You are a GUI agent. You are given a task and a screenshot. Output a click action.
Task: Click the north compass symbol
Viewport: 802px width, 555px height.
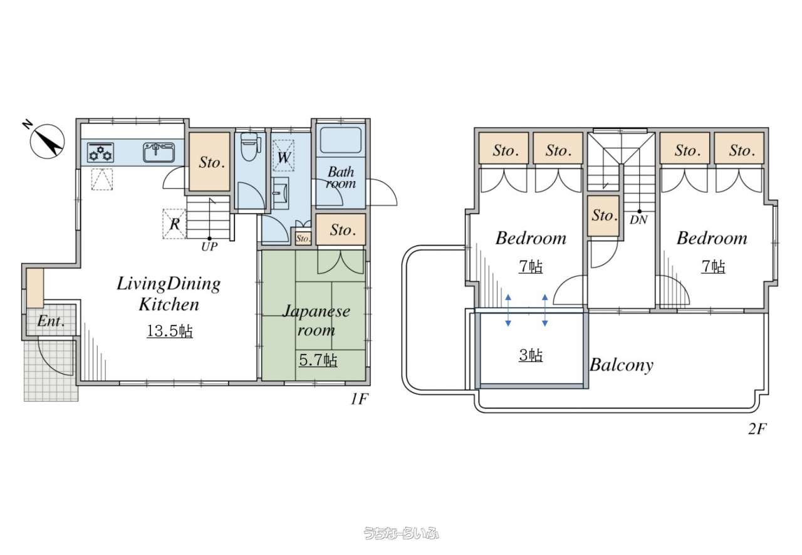(47, 141)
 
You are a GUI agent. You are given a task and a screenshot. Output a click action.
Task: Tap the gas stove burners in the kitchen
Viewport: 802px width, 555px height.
(101, 153)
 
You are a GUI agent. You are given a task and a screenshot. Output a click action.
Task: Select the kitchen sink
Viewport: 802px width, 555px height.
(159, 152)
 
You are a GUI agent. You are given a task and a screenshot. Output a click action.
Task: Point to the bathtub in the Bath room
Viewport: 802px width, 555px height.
(340, 140)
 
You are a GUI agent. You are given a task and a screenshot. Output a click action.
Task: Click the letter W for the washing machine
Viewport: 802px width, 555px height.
(284, 157)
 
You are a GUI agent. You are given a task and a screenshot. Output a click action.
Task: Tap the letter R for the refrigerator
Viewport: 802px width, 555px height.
(175, 224)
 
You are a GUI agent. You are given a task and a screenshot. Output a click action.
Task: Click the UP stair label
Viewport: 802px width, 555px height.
(209, 247)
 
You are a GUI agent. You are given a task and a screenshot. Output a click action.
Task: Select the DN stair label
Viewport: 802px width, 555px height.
(638, 220)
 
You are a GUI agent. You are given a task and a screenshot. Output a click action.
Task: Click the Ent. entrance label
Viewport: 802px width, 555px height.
(51, 321)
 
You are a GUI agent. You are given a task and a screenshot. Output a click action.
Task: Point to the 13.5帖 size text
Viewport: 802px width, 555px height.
(170, 331)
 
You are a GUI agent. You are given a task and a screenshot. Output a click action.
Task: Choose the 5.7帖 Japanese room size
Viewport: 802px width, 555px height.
(318, 360)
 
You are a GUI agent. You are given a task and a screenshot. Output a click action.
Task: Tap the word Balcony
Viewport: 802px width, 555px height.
(621, 366)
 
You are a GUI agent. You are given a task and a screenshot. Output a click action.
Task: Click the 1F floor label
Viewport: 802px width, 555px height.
(359, 399)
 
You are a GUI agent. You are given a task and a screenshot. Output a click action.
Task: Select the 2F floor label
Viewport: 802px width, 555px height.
(758, 428)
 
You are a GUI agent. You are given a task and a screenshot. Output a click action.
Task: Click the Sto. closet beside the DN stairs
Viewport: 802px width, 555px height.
(603, 215)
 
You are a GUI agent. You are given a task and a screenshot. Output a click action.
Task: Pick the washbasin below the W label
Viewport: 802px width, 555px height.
(280, 193)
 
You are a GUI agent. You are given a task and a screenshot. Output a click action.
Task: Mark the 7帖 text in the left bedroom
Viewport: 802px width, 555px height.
(531, 267)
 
